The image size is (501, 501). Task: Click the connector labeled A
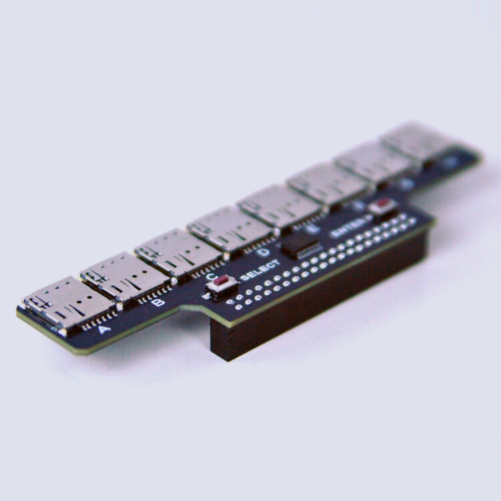67,303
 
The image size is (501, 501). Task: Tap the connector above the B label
124,276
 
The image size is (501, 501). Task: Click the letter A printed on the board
104,329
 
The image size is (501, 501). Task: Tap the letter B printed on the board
158,303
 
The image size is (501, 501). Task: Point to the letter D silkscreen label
264,252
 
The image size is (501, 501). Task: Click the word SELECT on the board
260,269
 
